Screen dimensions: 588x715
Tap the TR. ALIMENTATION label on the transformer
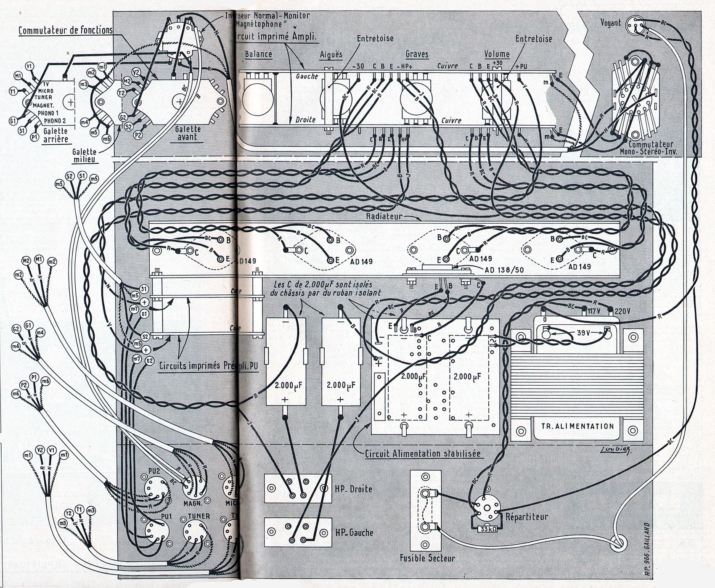(x=577, y=426)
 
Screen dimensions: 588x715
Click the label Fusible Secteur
(x=427, y=559)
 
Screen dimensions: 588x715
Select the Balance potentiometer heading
(x=258, y=54)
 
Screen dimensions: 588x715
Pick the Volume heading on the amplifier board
(x=497, y=54)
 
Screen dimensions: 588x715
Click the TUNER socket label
(x=199, y=516)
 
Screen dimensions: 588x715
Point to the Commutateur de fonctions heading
(x=65, y=30)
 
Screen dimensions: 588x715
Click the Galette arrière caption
(x=55, y=135)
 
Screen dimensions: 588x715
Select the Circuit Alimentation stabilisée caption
(x=422, y=454)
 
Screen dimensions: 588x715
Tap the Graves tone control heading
(x=417, y=54)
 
